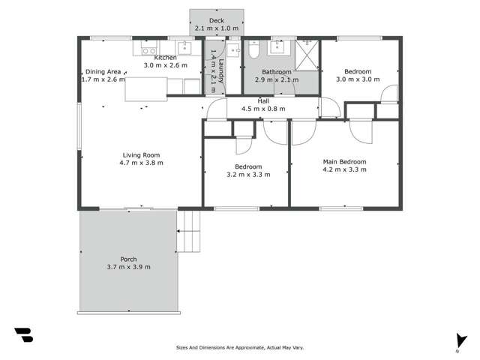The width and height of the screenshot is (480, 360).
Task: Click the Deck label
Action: [x=216, y=21]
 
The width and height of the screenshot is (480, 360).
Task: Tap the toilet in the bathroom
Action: [x=253, y=53]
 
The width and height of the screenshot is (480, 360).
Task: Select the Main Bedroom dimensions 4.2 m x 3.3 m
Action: [x=344, y=169]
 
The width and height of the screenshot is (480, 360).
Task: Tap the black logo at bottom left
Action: [x=23, y=334]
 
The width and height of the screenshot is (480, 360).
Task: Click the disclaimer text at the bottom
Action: [x=239, y=347]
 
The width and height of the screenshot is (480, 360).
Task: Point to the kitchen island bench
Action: [x=145, y=88]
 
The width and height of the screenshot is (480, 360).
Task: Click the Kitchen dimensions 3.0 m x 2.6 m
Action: [x=165, y=65]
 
